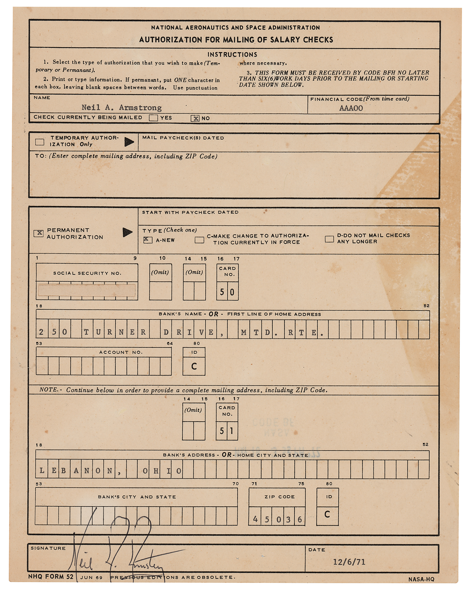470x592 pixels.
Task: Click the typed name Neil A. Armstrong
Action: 121,107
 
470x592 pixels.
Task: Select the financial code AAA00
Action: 351,108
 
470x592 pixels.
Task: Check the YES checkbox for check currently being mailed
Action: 153,118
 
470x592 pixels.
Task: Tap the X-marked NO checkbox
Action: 195,118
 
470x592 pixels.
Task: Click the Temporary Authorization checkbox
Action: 40,142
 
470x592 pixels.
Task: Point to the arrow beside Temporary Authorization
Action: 129,142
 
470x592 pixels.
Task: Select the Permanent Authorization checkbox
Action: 39,233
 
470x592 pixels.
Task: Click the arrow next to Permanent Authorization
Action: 127,232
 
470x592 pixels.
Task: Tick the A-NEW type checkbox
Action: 147,240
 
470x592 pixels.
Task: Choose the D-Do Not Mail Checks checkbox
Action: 329,239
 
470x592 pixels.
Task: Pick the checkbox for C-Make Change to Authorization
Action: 199,240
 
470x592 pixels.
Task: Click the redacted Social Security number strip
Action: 87,290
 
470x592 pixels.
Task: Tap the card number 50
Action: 227,292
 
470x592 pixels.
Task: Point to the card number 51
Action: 227,431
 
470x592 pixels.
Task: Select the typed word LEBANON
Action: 76,471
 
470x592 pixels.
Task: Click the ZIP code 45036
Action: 277,519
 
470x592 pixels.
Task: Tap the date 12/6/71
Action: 349,562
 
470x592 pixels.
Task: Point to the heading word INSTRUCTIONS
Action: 232,54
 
